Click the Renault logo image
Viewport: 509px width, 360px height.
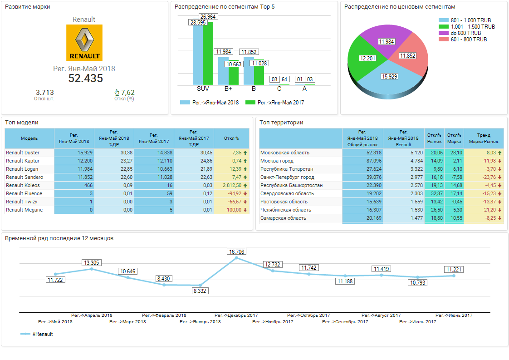click(84, 43)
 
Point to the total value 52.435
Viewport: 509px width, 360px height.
click(85, 78)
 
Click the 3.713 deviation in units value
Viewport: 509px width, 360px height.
click(44, 93)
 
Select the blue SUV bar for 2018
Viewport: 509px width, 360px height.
click(197, 54)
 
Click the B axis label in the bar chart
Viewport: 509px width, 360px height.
click(254, 89)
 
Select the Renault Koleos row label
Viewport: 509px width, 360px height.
click(23, 185)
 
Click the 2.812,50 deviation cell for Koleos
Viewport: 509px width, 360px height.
click(231, 185)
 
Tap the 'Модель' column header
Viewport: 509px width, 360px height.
click(29, 138)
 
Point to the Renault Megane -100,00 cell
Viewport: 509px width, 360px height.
click(231, 210)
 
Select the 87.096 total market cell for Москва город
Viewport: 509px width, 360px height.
click(362, 161)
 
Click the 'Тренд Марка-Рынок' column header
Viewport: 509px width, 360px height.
click(484, 138)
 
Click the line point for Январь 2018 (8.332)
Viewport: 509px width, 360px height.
click(200, 285)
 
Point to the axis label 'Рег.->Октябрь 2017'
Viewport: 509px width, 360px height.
click(308, 315)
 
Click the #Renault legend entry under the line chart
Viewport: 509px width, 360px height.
click(37, 334)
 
